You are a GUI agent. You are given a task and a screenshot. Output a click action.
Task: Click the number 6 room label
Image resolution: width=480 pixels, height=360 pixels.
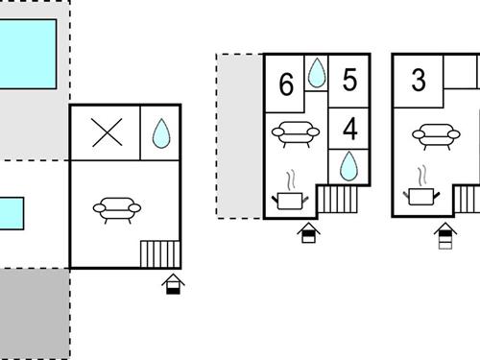tap(286, 84)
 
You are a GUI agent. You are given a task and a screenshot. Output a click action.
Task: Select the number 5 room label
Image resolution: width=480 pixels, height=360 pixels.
tap(349, 80)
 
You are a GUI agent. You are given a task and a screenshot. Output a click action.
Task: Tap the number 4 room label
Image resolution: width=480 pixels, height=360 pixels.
tap(349, 129)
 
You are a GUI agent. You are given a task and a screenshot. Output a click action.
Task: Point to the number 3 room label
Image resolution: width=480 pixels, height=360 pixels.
tap(419, 80)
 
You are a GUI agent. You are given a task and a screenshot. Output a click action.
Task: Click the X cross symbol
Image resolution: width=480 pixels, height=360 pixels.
tap(107, 132)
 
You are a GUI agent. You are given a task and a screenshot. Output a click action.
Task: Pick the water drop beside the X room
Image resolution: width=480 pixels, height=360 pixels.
tap(161, 133)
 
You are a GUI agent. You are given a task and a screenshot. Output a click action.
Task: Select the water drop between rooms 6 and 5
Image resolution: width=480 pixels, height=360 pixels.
tap(317, 72)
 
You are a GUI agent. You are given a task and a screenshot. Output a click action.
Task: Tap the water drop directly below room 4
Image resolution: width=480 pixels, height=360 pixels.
tap(348, 166)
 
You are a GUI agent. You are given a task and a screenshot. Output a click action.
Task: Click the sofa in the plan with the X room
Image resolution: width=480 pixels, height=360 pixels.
tap(117, 210)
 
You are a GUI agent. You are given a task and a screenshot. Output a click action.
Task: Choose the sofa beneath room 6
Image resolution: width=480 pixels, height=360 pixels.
tap(296, 134)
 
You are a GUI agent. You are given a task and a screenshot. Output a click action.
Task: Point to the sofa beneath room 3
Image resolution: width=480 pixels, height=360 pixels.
tap(436, 136)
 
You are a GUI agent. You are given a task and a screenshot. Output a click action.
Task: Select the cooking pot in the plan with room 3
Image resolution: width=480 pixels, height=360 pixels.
tap(421, 190)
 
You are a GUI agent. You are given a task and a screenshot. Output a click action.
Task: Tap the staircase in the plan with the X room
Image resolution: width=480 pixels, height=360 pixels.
tap(160, 254)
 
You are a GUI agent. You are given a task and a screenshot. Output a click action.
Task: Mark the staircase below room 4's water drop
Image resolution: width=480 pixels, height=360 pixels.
tap(337, 200)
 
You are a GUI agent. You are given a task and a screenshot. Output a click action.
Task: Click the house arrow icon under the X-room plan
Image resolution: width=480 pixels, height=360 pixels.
tap(173, 284)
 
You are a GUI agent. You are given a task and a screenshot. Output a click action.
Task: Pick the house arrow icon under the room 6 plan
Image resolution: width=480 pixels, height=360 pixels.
tap(308, 232)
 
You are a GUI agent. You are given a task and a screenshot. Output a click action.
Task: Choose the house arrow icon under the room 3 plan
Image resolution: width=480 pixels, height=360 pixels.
tap(445, 235)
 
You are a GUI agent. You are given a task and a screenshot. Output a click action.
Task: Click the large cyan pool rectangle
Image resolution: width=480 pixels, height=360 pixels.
tap(28, 54)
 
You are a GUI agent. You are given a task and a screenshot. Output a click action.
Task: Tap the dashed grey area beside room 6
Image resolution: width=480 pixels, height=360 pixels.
tap(240, 136)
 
